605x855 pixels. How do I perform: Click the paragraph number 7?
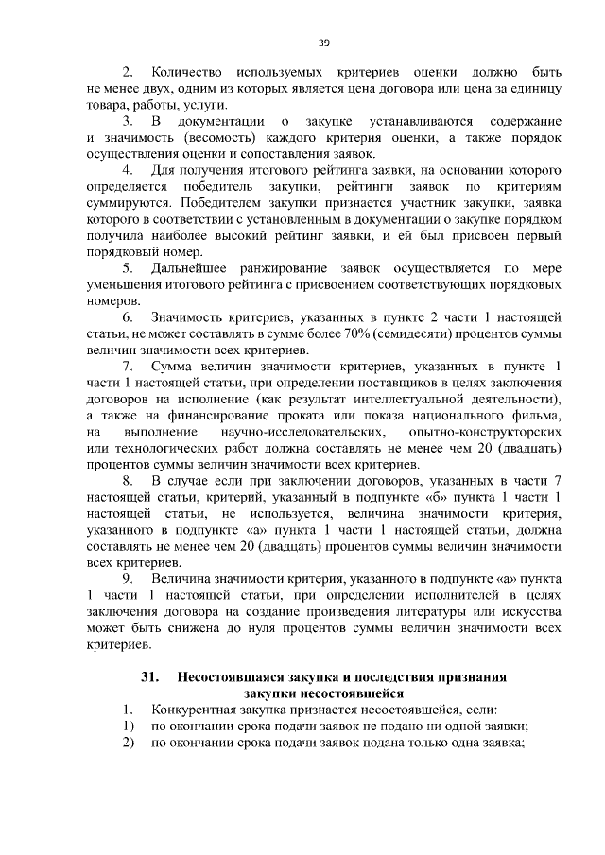coord(128,367)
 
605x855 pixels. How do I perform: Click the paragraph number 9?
coord(128,578)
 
